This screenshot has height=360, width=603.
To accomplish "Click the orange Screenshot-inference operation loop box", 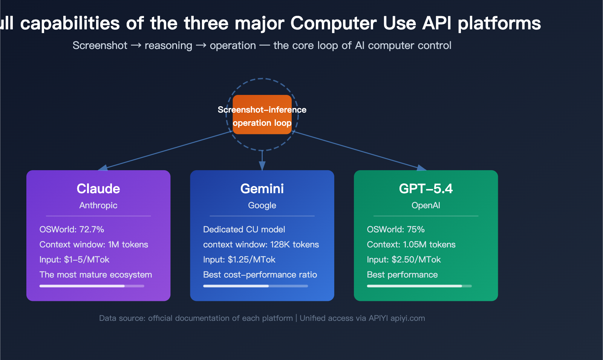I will pos(262,115).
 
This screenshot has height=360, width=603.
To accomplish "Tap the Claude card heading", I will pos(98,189).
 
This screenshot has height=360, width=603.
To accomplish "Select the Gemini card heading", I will pos(262,189).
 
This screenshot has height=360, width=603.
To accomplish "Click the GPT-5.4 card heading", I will pos(426,189).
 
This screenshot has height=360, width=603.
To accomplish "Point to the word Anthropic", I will pos(98,206).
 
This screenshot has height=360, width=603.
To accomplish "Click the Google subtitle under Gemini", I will pos(262,206).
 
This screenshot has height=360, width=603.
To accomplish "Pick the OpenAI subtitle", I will pos(426,206).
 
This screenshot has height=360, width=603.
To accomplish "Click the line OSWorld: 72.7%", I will pos(72,230).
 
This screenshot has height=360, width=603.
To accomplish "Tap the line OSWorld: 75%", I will pos(396,230).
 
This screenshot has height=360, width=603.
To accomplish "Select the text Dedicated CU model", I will pos(244,230).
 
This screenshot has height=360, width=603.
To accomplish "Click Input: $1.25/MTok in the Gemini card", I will pos(239,260).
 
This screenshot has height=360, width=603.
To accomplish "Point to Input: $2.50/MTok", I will pos(404,260).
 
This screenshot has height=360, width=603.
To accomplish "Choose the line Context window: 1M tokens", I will pos(93,245).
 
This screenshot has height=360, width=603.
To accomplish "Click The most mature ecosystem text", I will pos(96,275).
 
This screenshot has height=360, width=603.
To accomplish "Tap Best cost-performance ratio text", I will pos(260,275).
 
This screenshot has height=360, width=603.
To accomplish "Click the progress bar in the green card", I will pos(419,286).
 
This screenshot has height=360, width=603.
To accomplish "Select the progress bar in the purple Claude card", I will pos(92,286).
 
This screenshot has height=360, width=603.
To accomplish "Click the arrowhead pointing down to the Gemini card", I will pos(262,166).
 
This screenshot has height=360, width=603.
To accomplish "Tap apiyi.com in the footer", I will pos(407,318).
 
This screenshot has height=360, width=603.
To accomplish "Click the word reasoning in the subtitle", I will pos(168,46).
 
